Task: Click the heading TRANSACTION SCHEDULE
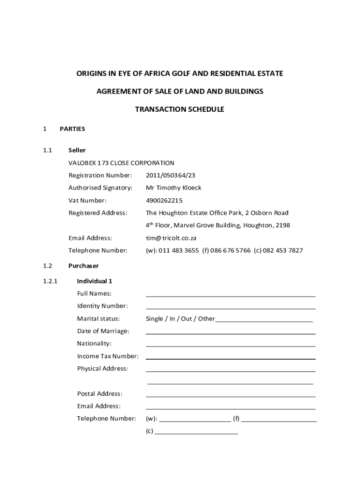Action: [180, 109]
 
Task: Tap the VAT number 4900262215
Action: [164, 200]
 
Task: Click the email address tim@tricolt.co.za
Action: [171, 238]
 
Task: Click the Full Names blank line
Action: [230, 296]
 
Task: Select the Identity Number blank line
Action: [230, 308]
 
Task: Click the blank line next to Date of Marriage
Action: [230, 333]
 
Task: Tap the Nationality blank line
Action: [230, 346]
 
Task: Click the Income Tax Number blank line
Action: [230, 358]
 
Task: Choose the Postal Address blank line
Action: [230, 396]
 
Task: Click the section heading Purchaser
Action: [84, 266]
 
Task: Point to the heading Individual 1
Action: [95, 281]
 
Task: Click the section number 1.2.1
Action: [50, 281]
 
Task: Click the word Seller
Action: [77, 150]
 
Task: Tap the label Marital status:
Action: [98, 319]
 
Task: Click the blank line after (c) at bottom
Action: [196, 434]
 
